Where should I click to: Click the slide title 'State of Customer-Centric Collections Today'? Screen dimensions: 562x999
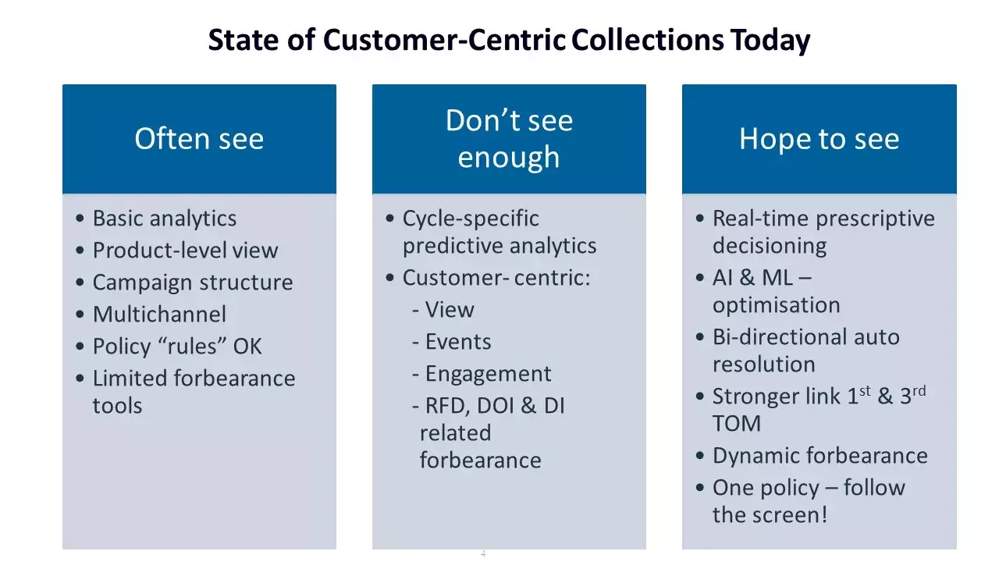(509, 40)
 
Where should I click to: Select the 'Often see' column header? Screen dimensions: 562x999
(199, 139)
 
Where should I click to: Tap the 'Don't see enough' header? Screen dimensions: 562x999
(509, 139)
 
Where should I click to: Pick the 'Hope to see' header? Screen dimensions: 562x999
(819, 139)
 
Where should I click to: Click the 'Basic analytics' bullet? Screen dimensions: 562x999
(164, 219)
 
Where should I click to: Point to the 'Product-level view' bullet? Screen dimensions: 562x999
(185, 251)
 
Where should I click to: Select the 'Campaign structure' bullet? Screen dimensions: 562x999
(193, 283)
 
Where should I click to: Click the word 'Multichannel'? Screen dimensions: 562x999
(159, 315)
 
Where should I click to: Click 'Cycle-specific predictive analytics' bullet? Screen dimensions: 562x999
(499, 232)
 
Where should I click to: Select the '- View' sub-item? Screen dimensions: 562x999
(443, 310)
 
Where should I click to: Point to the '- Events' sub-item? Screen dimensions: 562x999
(452, 342)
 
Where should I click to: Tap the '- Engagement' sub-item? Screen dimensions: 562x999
(482, 374)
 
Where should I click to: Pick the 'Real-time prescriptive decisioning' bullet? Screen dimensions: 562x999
(823, 232)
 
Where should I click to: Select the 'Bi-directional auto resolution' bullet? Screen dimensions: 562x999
(805, 350)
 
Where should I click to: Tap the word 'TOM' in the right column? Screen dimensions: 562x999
(736, 424)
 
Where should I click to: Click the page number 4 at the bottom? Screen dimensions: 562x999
(483, 553)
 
